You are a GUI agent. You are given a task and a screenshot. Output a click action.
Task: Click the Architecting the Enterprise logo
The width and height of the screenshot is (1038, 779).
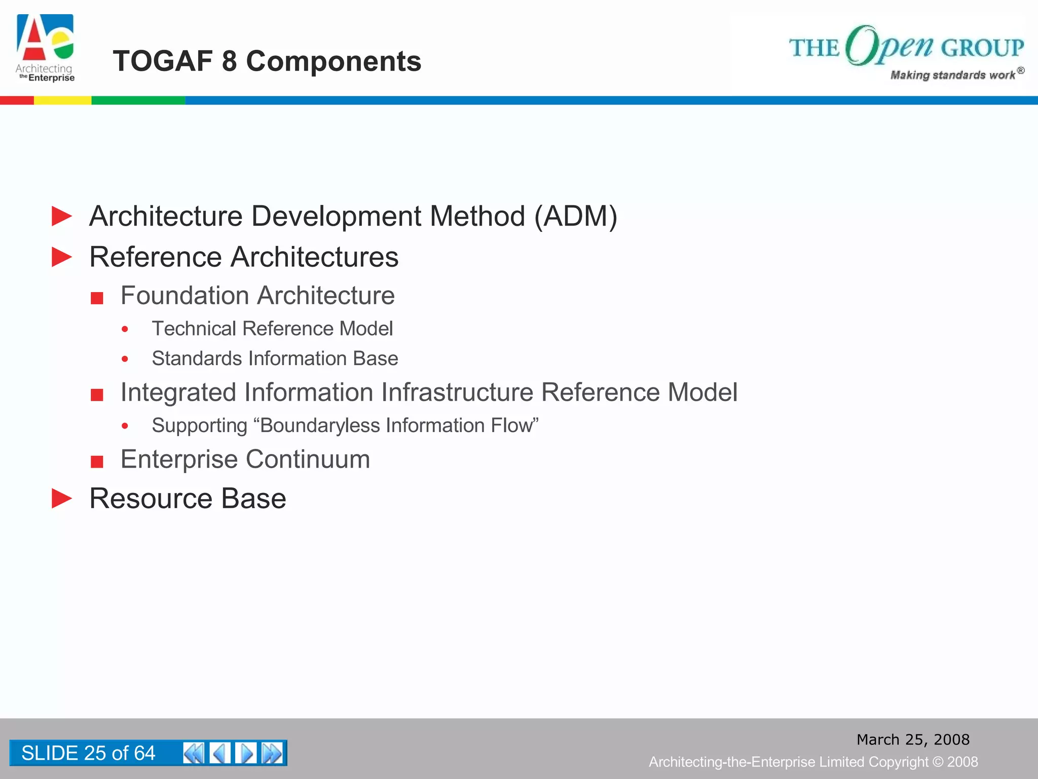click(46, 48)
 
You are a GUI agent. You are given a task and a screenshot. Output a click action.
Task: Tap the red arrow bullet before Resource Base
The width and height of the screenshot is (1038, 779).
click(62, 499)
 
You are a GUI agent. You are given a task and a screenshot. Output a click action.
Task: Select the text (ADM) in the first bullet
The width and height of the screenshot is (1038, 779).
click(576, 217)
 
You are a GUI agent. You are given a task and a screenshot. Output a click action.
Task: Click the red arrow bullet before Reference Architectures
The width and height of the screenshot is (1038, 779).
click(62, 257)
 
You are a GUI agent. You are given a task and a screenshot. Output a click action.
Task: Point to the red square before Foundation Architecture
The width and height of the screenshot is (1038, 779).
click(97, 298)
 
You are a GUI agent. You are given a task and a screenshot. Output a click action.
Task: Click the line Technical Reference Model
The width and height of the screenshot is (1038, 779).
click(272, 329)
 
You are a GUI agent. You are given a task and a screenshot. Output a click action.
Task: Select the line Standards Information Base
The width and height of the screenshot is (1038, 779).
click(275, 359)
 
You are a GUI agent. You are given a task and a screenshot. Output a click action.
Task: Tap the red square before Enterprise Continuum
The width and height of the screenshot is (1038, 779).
click(97, 462)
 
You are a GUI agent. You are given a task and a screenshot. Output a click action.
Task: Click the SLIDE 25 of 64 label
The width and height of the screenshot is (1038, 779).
click(88, 753)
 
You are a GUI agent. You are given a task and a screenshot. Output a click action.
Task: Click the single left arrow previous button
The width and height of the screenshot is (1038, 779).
click(220, 753)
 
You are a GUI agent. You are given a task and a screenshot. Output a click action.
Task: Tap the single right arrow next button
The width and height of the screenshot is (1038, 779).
click(246, 753)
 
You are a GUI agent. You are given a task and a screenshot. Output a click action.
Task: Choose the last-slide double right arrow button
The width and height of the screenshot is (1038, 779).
click(272, 753)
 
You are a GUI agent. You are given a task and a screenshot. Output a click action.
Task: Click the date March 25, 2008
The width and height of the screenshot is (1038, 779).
click(913, 739)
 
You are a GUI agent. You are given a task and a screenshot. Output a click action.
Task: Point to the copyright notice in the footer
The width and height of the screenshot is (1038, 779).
click(813, 762)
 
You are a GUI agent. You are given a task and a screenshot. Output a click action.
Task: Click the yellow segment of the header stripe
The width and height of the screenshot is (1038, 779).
click(62, 100)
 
